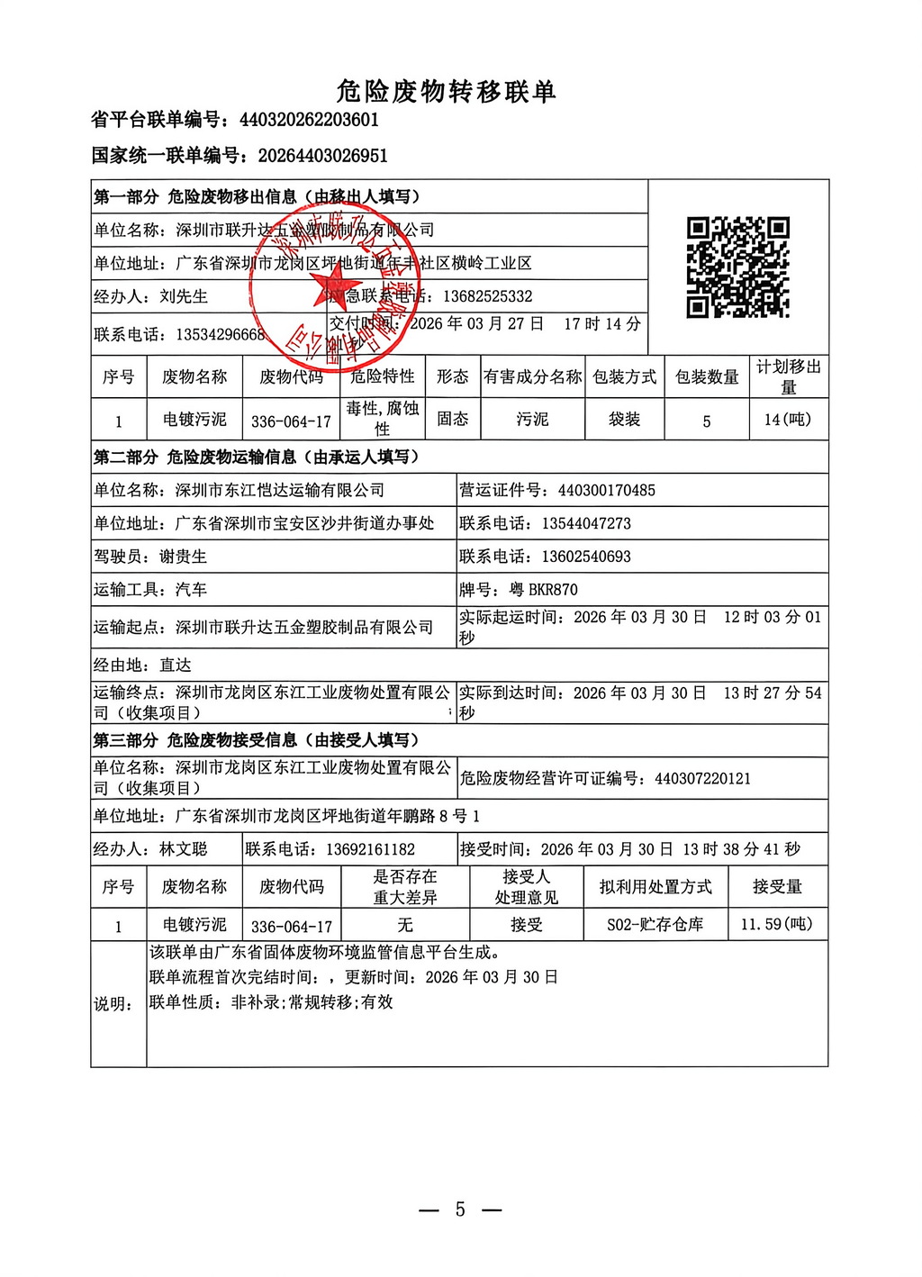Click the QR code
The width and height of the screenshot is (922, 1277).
click(x=737, y=267)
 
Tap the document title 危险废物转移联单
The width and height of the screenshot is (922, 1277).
click(x=446, y=91)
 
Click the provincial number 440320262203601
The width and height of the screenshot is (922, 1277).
click(x=309, y=120)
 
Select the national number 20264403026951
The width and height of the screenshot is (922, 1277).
click(x=322, y=156)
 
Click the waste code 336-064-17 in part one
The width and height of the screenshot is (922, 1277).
click(x=291, y=421)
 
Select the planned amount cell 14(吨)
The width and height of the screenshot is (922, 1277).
click(x=788, y=420)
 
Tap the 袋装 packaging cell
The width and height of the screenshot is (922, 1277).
click(x=624, y=420)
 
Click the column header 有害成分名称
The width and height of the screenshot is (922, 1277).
click(x=532, y=376)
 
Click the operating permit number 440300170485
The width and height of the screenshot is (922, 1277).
click(x=606, y=491)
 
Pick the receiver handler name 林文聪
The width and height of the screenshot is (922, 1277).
click(x=183, y=849)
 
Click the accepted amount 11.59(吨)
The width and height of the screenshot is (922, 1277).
click(x=776, y=925)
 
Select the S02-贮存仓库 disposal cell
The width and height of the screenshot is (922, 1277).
click(x=655, y=925)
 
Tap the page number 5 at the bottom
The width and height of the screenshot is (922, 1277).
click(x=460, y=1209)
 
